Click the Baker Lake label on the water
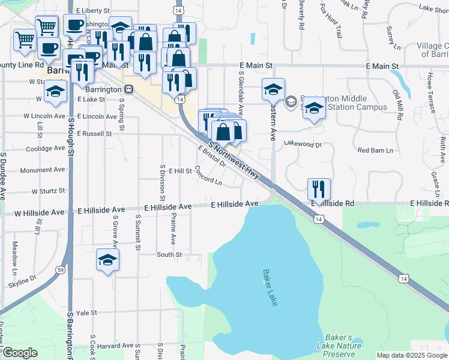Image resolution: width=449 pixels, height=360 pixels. click(270, 287)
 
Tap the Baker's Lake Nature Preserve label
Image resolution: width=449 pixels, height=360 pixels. click(340, 346)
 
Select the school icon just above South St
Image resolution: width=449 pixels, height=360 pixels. click(108, 260)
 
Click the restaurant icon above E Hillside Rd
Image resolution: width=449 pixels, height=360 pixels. click(319, 189)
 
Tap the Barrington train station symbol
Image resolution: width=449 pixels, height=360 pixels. click(130, 89)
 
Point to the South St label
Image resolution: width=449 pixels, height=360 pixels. click(169, 255)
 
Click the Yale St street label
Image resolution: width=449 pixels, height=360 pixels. click(86, 313)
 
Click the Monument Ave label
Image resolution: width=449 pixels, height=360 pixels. click(42, 170)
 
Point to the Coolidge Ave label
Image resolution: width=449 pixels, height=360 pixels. click(45, 148)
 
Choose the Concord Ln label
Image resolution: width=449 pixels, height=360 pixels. click(208, 176)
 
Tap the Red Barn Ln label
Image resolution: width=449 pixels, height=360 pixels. click(375, 150)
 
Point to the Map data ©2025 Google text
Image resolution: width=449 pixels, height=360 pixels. click(412, 355)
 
